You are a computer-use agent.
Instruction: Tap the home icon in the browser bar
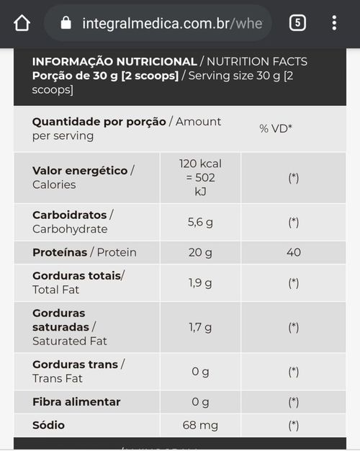tap(22, 23)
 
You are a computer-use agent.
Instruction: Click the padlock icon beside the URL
tap(66, 23)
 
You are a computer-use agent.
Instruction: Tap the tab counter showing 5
tap(297, 23)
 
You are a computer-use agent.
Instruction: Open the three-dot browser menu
tap(334, 23)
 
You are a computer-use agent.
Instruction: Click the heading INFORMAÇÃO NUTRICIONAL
tap(114, 61)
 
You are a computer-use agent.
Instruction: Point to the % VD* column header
tap(276, 128)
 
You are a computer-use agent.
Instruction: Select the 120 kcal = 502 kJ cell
tap(200, 177)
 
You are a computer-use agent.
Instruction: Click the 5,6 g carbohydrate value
tap(200, 222)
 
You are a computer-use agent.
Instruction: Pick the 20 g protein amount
tap(200, 253)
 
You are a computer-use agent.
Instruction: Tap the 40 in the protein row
tap(294, 252)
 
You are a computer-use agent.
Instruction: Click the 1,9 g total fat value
tap(200, 283)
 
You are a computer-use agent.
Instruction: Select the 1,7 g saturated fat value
tap(200, 327)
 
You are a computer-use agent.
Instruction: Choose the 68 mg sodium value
tap(200, 425)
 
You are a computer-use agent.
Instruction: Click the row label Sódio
tap(48, 425)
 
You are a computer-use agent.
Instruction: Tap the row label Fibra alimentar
tap(76, 402)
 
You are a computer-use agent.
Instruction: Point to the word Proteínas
tap(60, 252)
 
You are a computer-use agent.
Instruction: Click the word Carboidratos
tap(70, 215)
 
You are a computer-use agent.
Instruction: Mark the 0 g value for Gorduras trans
tap(200, 372)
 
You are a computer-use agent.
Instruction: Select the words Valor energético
tap(80, 171)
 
